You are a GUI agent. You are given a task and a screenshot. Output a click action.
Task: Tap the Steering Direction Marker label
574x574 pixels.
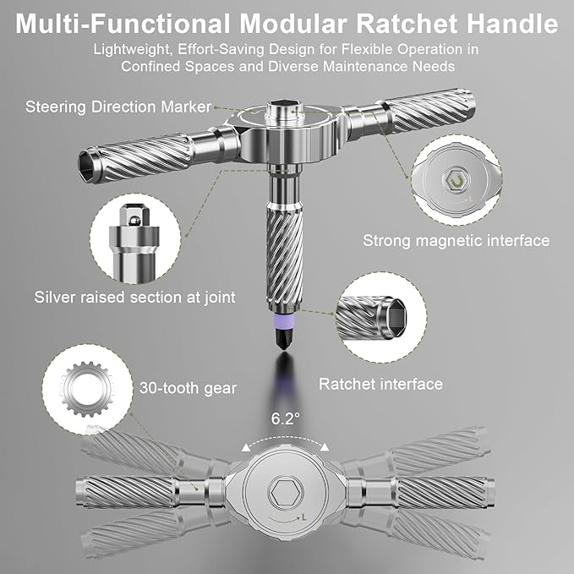tap(118, 107)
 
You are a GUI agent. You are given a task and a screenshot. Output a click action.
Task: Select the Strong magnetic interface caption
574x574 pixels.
tap(456, 241)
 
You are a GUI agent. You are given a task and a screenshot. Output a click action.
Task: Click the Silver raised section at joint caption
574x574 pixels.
tap(134, 297)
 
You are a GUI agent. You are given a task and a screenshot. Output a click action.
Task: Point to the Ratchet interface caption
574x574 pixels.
tap(380, 384)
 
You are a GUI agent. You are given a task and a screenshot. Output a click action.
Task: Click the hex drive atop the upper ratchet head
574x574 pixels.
tap(282, 112)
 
